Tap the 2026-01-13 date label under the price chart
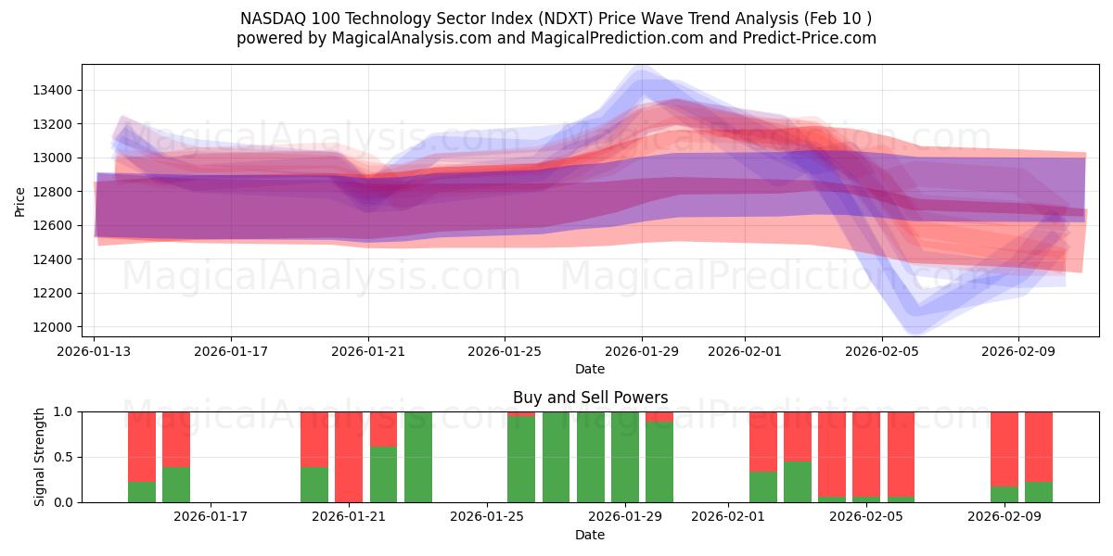click(94, 351)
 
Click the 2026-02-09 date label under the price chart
click(1018, 351)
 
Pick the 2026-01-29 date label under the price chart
click(642, 351)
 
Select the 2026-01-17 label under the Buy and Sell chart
click(211, 517)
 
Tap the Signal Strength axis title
click(39, 457)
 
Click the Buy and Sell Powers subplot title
click(590, 398)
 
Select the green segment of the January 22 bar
click(383, 474)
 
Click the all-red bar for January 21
click(349, 457)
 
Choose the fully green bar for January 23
click(418, 457)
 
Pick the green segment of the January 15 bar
click(176, 485)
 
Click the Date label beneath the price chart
click(590, 369)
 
